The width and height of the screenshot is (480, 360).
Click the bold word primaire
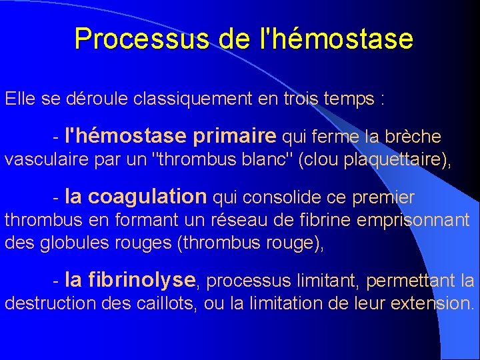click(x=233, y=137)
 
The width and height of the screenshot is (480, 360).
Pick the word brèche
click(x=417, y=137)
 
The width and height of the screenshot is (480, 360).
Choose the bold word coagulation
click(x=147, y=197)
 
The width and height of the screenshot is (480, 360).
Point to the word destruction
click(x=51, y=303)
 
